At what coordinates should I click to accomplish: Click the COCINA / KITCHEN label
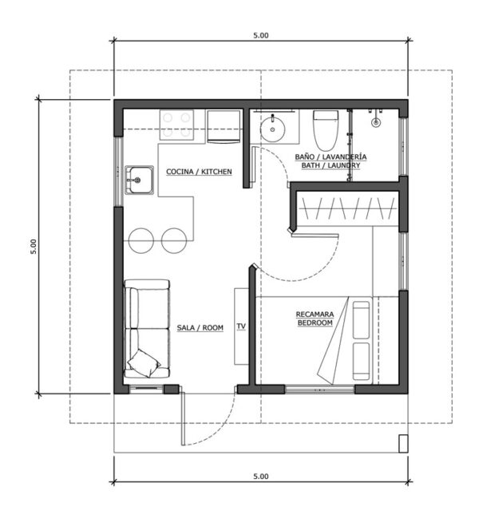click(199, 172)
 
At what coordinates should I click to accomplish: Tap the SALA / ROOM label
click(200, 327)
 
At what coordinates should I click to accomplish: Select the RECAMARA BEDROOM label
click(315, 319)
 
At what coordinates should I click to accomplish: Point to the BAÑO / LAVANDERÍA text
click(331, 156)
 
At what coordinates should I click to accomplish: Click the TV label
click(241, 326)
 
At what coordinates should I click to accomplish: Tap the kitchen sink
click(139, 180)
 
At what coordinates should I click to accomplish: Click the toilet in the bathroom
click(326, 130)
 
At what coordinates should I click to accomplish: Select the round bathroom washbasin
click(272, 129)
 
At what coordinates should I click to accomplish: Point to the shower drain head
click(376, 122)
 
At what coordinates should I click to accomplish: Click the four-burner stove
click(176, 125)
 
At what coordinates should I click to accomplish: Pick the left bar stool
click(141, 240)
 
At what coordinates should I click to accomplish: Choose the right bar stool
click(174, 240)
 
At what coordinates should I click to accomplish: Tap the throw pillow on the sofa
click(144, 363)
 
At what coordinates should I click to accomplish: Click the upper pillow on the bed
click(361, 320)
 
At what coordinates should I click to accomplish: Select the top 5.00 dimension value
click(261, 35)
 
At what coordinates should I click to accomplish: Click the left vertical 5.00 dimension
click(34, 247)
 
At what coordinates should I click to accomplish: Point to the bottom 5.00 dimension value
click(261, 476)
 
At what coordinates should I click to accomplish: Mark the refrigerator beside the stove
click(224, 126)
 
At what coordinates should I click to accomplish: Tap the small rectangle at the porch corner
click(403, 443)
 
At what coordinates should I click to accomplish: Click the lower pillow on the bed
click(361, 361)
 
